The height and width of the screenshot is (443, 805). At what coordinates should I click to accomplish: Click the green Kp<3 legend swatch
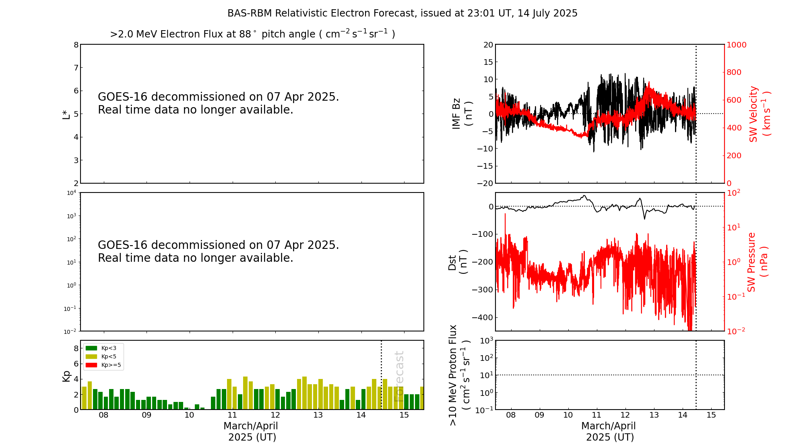pos(91,348)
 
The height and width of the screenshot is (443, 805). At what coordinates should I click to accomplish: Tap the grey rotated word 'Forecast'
pos(399,376)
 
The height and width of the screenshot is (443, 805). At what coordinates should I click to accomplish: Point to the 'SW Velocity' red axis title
pos(753,114)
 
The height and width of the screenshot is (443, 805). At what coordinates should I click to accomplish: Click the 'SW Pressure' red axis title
pos(751,262)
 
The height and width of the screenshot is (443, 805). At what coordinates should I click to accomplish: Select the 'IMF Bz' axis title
pos(456,114)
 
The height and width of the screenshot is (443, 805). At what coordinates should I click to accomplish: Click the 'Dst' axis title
pos(452,262)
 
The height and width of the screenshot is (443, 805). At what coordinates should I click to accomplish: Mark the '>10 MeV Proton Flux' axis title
pos(453,375)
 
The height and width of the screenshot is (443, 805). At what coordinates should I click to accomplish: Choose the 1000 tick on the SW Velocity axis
pos(736,45)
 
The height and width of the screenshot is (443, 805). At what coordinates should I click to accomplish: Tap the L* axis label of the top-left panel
pos(66,114)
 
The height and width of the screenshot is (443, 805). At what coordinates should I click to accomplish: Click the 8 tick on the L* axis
pos(76,45)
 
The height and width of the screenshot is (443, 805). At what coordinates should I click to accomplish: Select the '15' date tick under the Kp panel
pos(404,415)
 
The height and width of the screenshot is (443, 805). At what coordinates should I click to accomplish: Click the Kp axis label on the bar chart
pos(66,376)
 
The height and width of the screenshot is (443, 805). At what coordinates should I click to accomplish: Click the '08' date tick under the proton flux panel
pos(511,415)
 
